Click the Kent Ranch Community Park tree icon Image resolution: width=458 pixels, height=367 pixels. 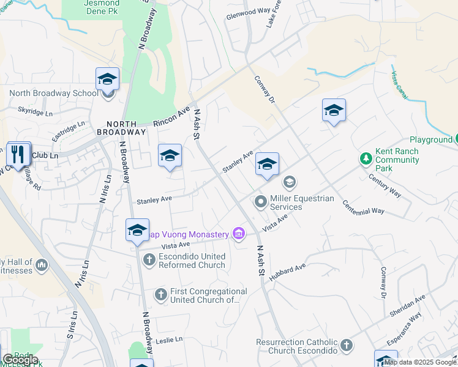[x=366, y=159]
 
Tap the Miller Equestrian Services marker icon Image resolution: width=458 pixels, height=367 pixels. [x=260, y=201]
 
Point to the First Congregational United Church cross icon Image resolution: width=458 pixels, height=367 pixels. [x=160, y=295]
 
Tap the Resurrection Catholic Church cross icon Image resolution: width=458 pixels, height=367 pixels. [x=347, y=346]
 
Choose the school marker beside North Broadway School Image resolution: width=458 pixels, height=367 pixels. [x=107, y=80]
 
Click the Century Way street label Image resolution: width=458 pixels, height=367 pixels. [x=385, y=185]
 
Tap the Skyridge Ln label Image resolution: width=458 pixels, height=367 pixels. [x=36, y=113]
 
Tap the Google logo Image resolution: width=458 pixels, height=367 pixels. [x=20, y=360]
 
